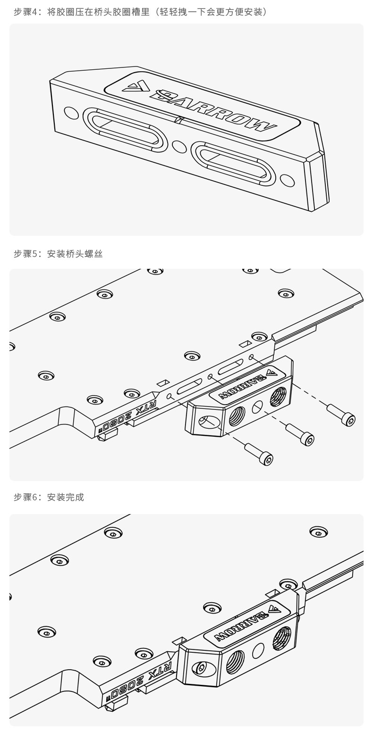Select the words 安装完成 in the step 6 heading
66,497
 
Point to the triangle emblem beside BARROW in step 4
137,86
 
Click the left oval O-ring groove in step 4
125,130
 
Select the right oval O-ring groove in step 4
233,163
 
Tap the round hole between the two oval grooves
179,147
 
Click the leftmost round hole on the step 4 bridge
71,113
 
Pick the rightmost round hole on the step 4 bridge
287,180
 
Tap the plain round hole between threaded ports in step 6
258,651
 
